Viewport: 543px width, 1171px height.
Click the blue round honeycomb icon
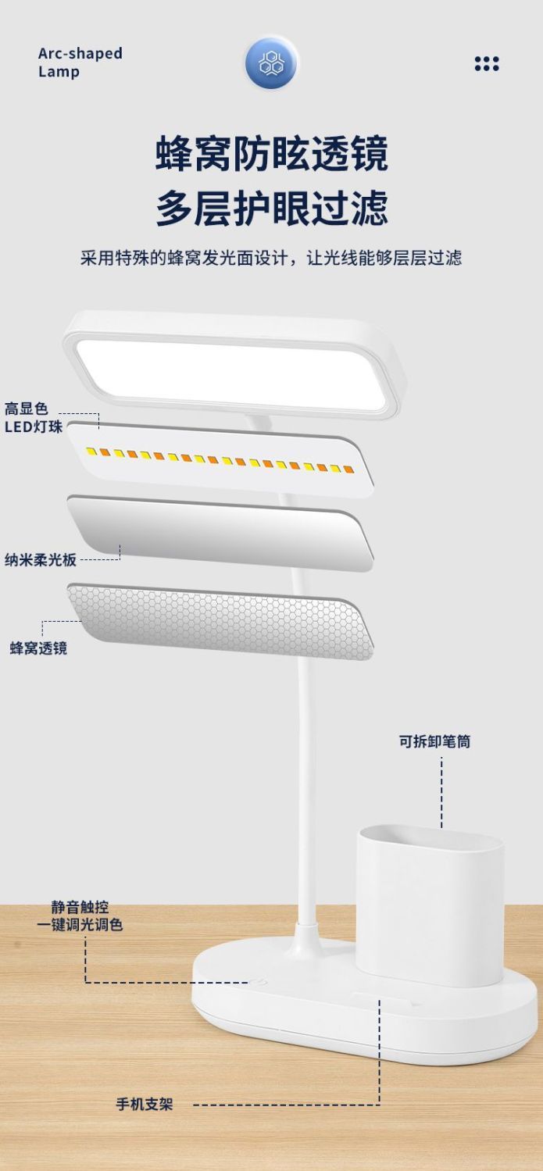pos(271,63)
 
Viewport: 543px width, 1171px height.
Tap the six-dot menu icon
pos(487,64)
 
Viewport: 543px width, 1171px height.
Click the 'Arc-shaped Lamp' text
pos(80,62)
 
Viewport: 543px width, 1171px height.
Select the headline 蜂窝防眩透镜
pos(272,152)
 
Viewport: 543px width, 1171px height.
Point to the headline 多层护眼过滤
pos(272,208)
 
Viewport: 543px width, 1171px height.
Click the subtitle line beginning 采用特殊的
pos(271,258)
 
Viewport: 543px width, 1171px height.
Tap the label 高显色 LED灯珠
pos(34,418)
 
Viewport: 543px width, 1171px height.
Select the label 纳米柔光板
pos(41,560)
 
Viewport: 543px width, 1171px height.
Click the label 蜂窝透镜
pos(38,648)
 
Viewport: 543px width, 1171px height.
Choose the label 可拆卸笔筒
pos(435,741)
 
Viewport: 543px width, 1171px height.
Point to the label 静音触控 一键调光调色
pos(80,916)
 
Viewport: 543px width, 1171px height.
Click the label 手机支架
pos(145,1105)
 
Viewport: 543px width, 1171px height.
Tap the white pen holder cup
pos(430,905)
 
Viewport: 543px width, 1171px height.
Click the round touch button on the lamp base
pos(257,982)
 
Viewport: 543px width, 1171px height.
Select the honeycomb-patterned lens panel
pos(220,622)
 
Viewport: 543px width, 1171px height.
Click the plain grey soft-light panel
pos(220,534)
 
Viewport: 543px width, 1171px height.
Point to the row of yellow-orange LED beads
pos(220,460)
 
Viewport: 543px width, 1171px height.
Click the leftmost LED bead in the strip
pos(91,452)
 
